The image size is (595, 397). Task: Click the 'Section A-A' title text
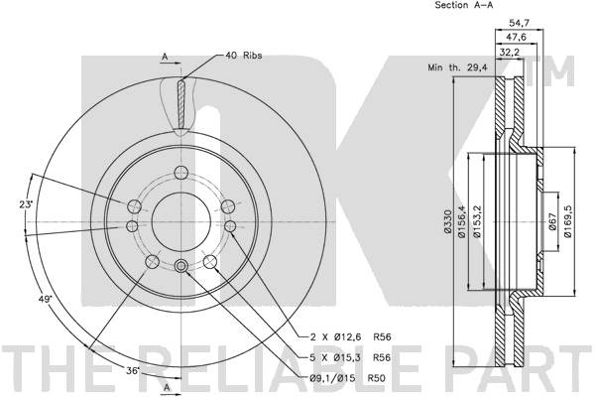tap(464, 5)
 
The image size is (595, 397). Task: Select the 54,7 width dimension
tap(519, 24)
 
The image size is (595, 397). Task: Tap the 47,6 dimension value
tap(516, 38)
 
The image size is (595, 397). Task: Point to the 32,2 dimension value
tap(509, 53)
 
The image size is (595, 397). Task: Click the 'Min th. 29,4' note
tap(457, 67)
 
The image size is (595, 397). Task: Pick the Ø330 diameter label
tap(448, 222)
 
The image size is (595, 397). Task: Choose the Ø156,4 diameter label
tap(462, 221)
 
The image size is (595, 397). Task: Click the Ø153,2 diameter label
tap(477, 221)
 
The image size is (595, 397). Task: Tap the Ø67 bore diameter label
tap(552, 221)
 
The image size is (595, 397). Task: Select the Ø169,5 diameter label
tap(567, 221)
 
